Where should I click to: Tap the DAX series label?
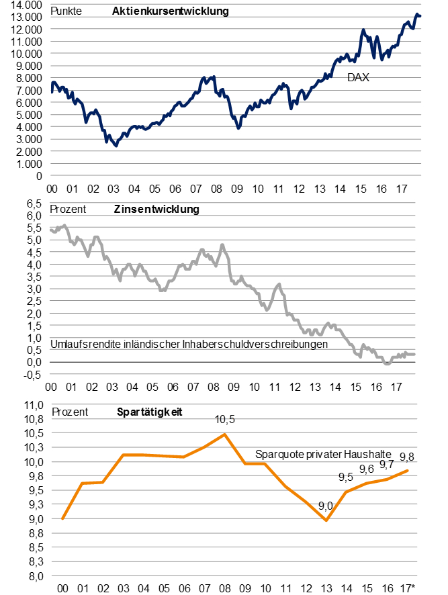coord(359,78)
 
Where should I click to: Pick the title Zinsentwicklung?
coord(158,209)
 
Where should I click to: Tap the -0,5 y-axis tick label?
coord(34,374)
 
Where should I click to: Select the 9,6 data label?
coord(367,469)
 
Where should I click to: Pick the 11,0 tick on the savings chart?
coord(32,406)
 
